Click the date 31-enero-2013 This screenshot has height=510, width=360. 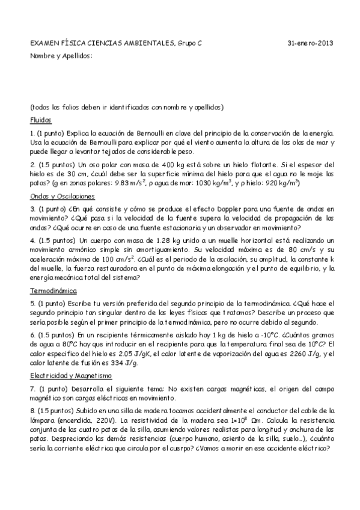pos(311,43)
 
